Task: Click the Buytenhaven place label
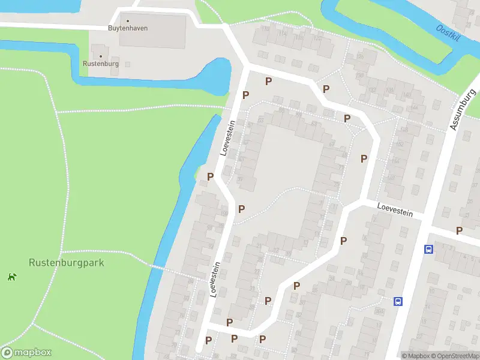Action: click(x=127, y=28)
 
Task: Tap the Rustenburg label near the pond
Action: click(x=100, y=64)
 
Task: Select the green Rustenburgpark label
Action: click(x=67, y=263)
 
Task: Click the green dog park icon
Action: click(x=11, y=277)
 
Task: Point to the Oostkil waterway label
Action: click(x=448, y=34)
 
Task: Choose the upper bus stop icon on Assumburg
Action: click(x=428, y=249)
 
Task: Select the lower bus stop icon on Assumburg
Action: click(x=397, y=301)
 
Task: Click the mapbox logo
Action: click(x=26, y=353)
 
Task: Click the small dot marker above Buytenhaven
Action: click(x=127, y=20)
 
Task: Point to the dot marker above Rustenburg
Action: click(x=100, y=56)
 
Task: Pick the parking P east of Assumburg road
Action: click(x=459, y=230)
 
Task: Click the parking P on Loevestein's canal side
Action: click(x=210, y=176)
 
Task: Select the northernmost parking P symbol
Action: click(x=268, y=81)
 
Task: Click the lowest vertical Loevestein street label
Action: click(x=214, y=278)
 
